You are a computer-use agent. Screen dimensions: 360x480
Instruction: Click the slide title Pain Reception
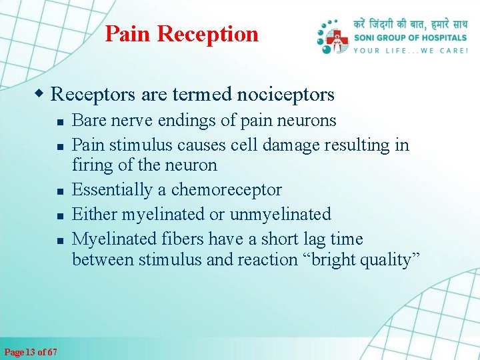coord(181,33)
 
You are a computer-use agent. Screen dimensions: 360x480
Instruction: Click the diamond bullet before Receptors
coord(42,93)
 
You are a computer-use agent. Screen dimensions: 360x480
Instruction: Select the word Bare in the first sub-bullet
coord(87,121)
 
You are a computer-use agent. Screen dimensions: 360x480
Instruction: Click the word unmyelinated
coord(280,215)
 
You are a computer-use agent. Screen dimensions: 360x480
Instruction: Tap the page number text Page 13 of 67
coord(31,352)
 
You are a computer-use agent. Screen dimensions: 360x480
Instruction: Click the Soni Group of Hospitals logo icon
coord(333,38)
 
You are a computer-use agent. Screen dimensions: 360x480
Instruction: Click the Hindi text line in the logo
coord(411,25)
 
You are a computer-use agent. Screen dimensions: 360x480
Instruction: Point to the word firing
coord(91,165)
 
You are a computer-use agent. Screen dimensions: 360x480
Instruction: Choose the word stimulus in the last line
coord(170,260)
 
